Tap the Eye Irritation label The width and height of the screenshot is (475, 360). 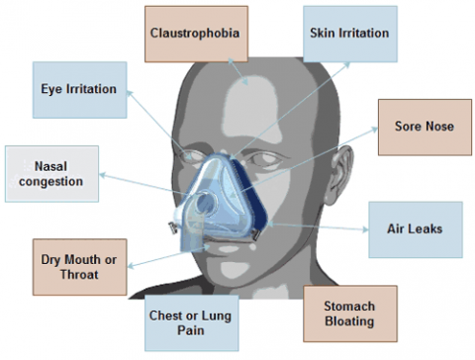(78, 90)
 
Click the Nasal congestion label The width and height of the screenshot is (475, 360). (51, 174)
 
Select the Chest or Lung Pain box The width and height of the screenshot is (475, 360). (190, 322)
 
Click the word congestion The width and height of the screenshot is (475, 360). (51, 182)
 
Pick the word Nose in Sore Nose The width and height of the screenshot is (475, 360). (437, 126)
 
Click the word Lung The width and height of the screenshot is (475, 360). (211, 315)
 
